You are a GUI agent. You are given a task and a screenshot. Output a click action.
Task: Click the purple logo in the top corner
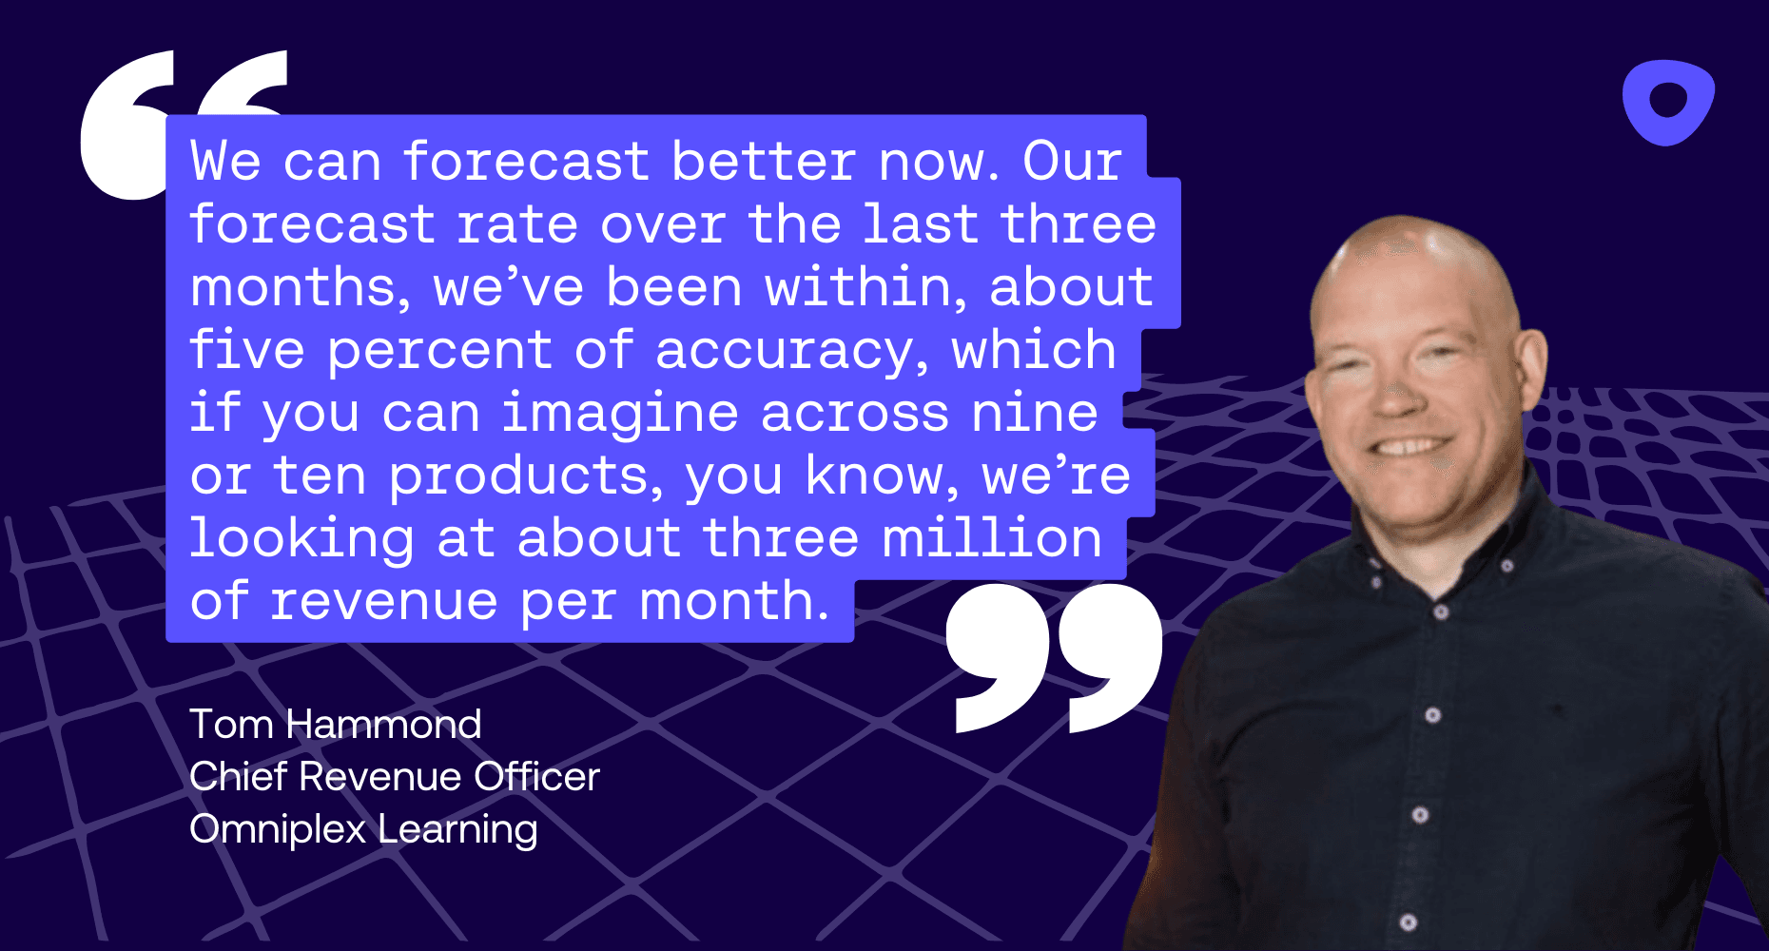point(1667,102)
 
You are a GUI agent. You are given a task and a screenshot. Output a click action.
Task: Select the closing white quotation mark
point(1054,656)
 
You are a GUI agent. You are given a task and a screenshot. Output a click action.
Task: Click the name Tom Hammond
point(335,725)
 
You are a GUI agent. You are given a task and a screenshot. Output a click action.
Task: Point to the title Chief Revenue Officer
point(394,777)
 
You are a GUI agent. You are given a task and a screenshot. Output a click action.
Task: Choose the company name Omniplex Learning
point(363,829)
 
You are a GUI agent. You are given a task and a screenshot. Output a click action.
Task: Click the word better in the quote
point(763,162)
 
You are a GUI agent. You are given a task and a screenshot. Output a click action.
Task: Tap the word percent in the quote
point(439,350)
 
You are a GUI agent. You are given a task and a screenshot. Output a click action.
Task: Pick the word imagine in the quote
point(620,414)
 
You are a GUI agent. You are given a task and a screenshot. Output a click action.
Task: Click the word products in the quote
point(525,475)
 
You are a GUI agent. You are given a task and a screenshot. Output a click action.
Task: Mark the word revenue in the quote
point(382,601)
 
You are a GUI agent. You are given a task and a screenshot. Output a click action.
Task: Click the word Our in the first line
point(1072,162)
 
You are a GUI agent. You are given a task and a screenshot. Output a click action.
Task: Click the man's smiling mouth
point(1412,447)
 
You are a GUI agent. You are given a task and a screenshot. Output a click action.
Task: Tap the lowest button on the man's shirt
point(1409,922)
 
